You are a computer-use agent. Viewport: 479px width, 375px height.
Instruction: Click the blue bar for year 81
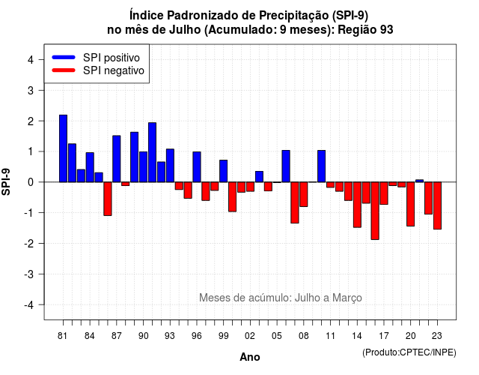click(x=63, y=148)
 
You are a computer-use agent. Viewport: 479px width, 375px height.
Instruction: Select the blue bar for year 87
click(x=117, y=159)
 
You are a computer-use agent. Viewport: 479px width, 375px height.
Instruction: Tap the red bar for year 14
click(x=358, y=205)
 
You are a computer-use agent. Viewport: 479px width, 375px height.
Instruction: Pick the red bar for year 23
click(x=437, y=205)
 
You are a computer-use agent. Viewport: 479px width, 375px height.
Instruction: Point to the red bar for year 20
click(x=411, y=204)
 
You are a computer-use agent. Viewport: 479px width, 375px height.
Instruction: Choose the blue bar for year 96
click(x=197, y=166)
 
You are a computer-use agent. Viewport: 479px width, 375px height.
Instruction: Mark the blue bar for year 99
click(x=224, y=171)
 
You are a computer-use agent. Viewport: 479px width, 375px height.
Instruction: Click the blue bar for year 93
click(x=170, y=166)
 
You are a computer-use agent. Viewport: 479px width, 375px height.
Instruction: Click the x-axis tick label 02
click(x=250, y=336)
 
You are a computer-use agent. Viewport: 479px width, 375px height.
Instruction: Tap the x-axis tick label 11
click(x=330, y=336)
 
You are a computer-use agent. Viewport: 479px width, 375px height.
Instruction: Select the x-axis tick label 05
click(x=277, y=336)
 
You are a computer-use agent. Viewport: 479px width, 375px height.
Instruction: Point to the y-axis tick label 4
click(x=31, y=60)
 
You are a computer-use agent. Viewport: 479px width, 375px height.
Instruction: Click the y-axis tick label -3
click(x=29, y=274)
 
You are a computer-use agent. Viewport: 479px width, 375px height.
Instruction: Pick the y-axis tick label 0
click(x=31, y=182)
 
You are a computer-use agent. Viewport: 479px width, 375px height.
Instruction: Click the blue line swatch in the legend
click(x=64, y=57)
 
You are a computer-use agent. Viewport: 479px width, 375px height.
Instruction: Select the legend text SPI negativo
click(x=114, y=70)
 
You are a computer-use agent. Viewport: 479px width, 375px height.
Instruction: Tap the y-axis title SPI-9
click(x=6, y=181)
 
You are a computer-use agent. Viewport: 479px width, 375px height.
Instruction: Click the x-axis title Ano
click(x=250, y=357)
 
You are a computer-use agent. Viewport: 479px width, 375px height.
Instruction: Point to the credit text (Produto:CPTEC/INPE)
click(x=409, y=352)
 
